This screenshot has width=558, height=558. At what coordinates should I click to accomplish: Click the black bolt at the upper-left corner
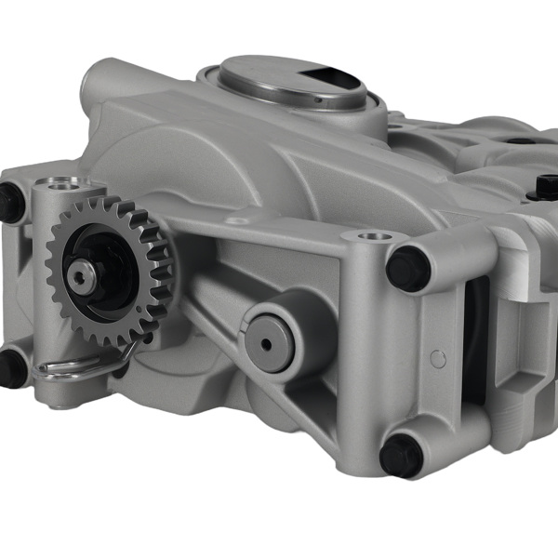[11, 202]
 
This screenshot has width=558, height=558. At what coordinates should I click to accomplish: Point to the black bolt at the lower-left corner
[11, 367]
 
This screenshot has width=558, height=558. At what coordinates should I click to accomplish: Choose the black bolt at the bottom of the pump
[401, 456]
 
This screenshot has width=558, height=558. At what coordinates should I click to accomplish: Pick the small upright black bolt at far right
[546, 188]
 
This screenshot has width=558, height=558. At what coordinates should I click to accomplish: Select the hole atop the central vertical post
[376, 236]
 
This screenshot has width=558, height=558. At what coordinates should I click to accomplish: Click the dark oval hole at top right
[521, 141]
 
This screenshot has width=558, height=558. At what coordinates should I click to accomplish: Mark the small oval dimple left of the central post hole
[238, 221]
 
